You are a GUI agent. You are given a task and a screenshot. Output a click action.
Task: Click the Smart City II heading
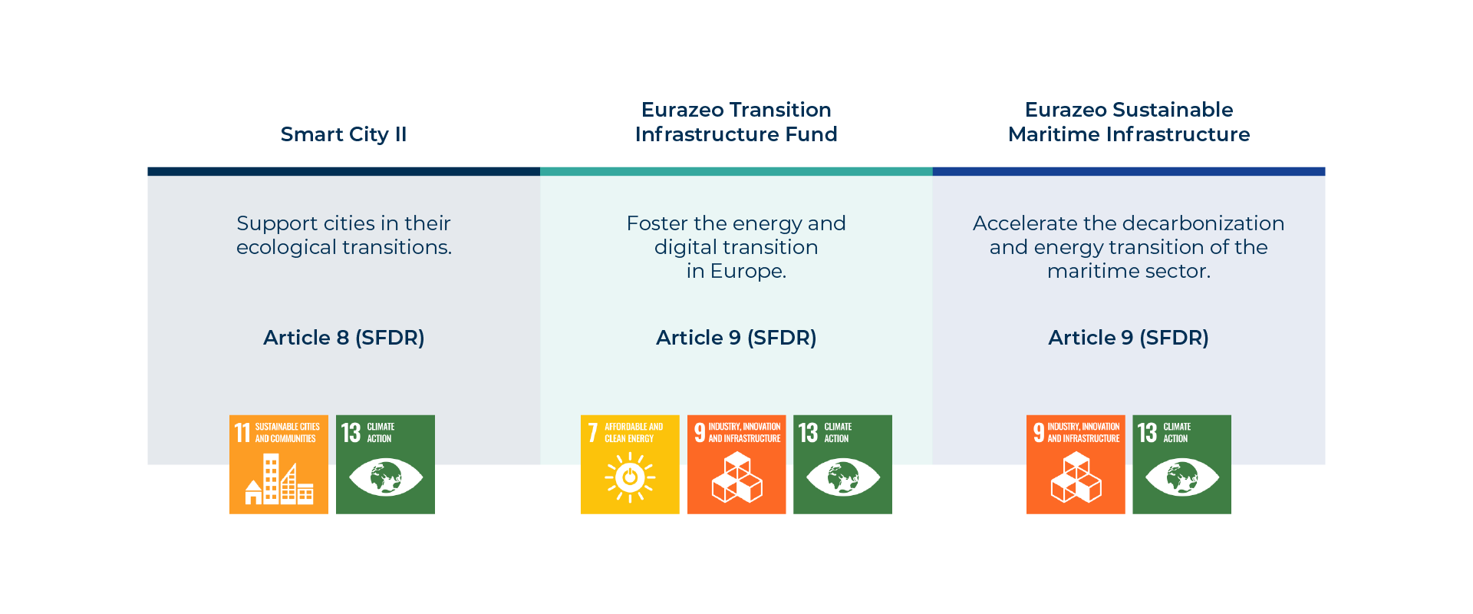[x=344, y=134]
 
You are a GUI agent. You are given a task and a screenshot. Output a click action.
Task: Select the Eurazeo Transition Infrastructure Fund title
[x=736, y=122]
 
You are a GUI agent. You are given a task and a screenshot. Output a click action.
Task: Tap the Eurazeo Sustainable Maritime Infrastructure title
[x=1129, y=122]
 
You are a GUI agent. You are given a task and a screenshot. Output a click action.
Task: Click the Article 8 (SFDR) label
[x=344, y=338]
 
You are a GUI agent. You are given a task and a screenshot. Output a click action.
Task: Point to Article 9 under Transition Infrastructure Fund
[x=736, y=338]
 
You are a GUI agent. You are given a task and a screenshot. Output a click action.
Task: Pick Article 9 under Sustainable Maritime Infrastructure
[x=1129, y=338]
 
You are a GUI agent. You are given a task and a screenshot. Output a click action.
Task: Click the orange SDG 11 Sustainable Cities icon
[x=278, y=464]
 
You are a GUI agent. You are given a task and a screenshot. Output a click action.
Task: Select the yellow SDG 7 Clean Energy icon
[x=630, y=464]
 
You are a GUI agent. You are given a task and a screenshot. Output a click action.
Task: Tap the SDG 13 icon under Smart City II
[x=385, y=464]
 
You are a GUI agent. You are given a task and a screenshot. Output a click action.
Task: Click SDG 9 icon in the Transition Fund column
[x=736, y=464]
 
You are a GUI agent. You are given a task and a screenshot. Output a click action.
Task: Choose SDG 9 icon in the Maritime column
[x=1076, y=464]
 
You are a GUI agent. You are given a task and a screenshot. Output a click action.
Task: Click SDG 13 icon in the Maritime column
[x=1181, y=464]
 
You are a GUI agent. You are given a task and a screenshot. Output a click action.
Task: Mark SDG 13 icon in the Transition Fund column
[x=842, y=464]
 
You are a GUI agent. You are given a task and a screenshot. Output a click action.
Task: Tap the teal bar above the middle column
[x=736, y=172]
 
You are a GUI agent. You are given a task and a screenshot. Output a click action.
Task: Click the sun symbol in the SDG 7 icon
[x=630, y=477]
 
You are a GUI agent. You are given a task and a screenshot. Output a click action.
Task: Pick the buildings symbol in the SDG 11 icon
[x=279, y=479]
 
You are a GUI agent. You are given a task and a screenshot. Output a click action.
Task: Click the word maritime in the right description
[x=1086, y=272]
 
